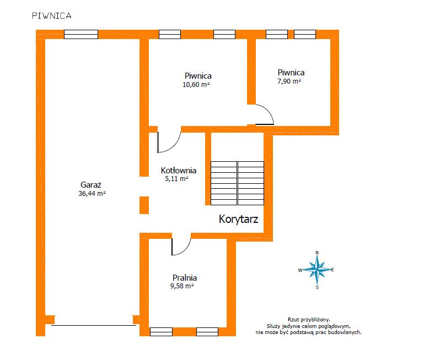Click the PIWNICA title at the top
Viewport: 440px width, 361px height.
(52, 15)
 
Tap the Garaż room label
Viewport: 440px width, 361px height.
(90, 185)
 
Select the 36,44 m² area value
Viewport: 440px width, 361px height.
(92, 193)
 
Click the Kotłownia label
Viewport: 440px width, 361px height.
(179, 170)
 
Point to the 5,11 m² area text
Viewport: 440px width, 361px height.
(176, 179)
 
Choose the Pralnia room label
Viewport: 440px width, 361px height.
(185, 277)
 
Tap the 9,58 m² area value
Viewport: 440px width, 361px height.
(182, 286)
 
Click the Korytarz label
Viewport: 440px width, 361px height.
(238, 219)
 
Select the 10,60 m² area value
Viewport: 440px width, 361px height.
(196, 84)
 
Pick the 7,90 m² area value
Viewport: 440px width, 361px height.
(289, 81)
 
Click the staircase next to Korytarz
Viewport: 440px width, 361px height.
(238, 183)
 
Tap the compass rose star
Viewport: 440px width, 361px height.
(317, 270)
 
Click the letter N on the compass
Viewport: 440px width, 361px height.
(317, 253)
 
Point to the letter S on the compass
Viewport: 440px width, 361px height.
(317, 287)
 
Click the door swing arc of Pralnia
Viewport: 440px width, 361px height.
(186, 250)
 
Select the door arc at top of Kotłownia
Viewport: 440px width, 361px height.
(175, 147)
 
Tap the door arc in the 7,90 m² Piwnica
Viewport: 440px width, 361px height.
(270, 111)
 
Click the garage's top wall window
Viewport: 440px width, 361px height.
(81, 35)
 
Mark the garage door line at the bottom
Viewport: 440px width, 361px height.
(94, 325)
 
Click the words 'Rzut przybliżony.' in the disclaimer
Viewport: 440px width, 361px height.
(309, 320)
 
